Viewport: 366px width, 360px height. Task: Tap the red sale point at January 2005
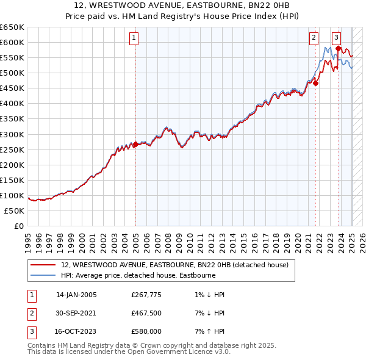pos(135,144)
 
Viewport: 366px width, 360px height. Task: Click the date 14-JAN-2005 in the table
pos(76,295)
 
